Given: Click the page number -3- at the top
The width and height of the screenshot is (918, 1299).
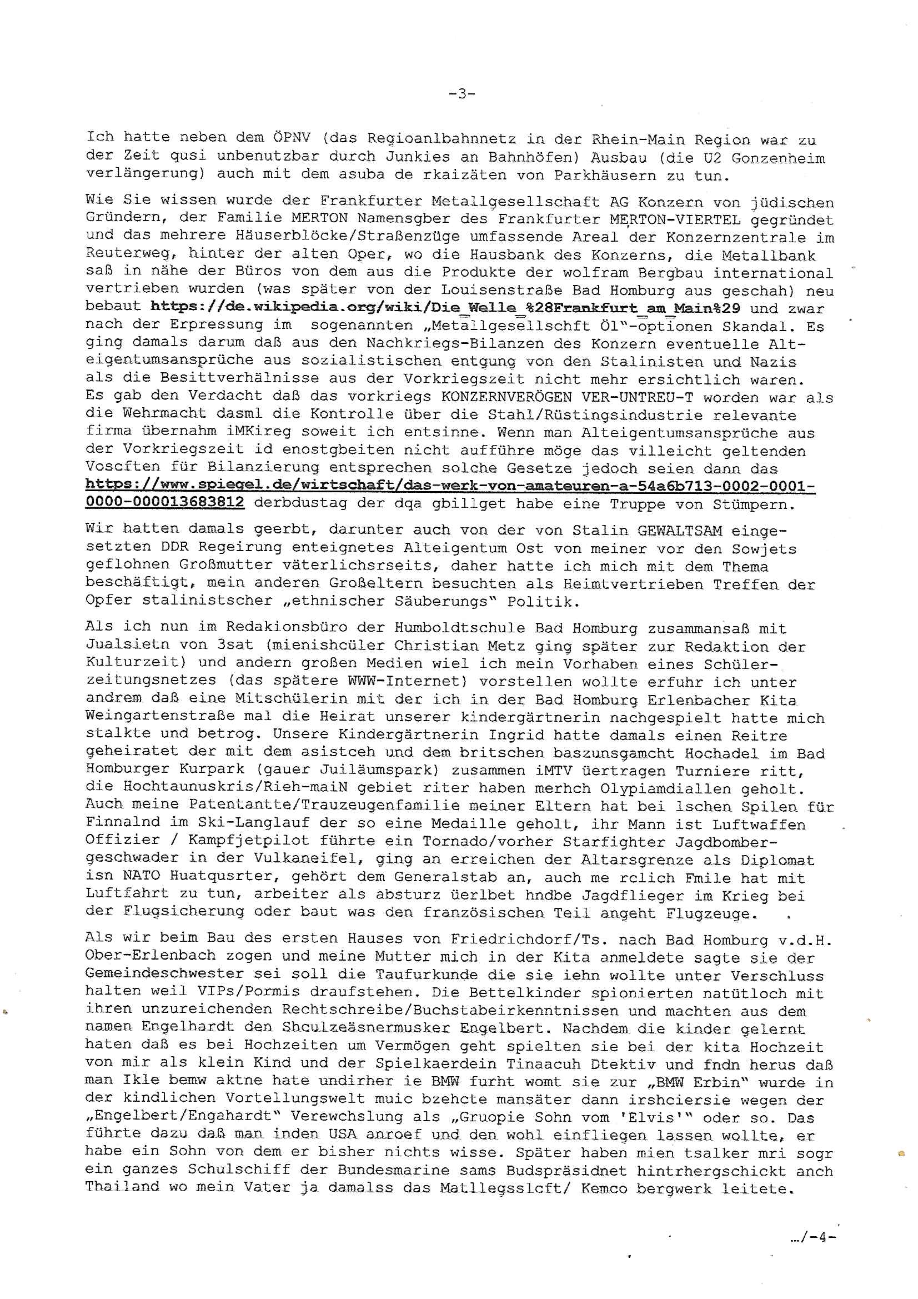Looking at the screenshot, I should (x=461, y=94).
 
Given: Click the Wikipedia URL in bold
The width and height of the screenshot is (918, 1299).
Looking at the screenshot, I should (x=449, y=308).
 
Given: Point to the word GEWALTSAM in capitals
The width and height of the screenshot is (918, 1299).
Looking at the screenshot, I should (x=679, y=531).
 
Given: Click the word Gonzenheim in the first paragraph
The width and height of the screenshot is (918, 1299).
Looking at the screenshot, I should (x=786, y=157).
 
